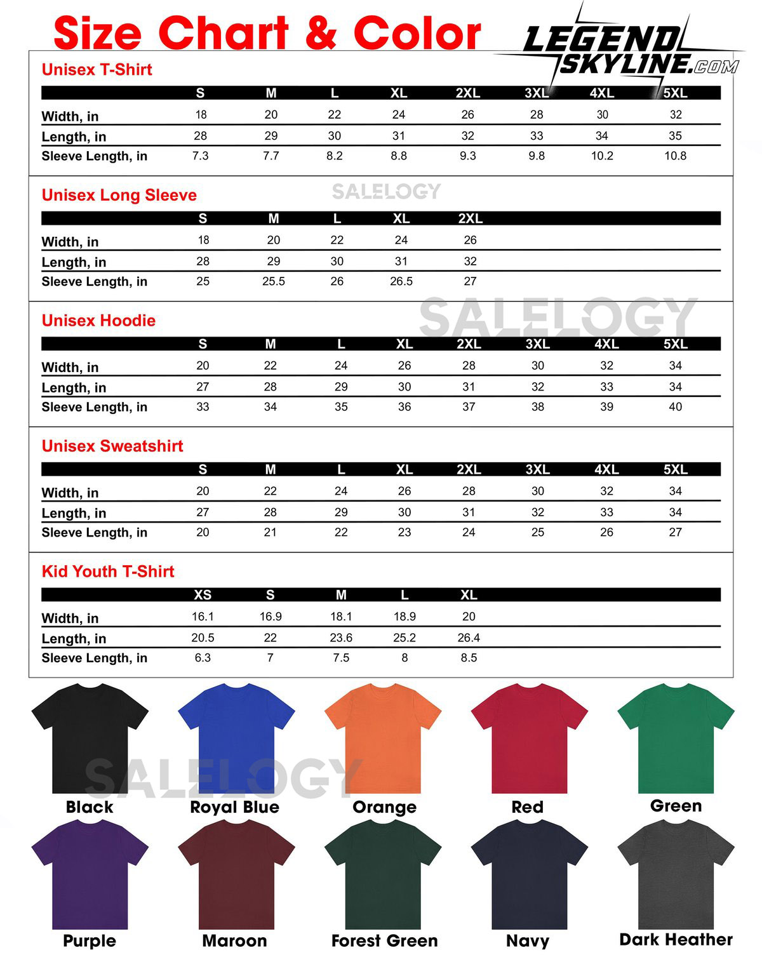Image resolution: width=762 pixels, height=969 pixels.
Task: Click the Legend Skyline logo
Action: click(x=629, y=48)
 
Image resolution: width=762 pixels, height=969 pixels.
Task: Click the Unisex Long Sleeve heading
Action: click(x=119, y=195)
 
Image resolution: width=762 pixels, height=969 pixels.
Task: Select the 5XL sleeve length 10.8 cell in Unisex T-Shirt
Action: click(x=675, y=156)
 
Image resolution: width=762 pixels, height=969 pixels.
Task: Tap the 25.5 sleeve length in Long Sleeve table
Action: click(x=274, y=281)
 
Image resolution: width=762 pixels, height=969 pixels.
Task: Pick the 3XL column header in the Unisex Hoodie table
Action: click(x=537, y=344)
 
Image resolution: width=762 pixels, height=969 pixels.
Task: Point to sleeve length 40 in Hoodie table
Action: click(x=675, y=407)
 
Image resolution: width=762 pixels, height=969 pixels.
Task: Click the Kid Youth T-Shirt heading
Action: click(x=108, y=571)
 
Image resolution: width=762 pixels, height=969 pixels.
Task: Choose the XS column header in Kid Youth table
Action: click(x=203, y=595)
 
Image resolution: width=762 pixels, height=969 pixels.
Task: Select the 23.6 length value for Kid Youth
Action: click(x=341, y=638)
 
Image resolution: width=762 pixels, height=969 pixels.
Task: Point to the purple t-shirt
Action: click(x=90, y=873)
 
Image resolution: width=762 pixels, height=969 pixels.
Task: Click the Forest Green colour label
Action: click(x=384, y=940)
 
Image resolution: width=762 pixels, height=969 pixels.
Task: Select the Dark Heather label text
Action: click(x=676, y=939)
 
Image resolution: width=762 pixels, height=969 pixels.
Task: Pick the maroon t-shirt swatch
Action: click(x=236, y=873)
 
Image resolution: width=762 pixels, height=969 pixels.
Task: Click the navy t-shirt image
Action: click(x=529, y=873)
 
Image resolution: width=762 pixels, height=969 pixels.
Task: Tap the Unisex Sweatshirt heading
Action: click(x=112, y=446)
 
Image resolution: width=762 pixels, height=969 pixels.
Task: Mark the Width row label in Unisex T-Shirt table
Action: click(x=70, y=116)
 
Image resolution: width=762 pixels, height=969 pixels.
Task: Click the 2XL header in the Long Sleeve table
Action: click(x=470, y=218)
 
